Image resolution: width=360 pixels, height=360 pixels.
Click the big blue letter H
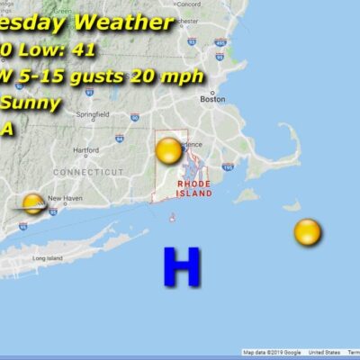coord(180,267)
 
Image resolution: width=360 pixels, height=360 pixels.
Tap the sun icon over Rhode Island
coord(168,150)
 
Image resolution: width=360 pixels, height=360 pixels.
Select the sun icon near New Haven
coord(33,203)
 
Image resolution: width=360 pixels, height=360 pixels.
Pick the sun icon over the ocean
coord(307,232)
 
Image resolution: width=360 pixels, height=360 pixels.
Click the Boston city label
coord(212,100)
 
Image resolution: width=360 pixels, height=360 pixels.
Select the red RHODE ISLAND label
coord(193,188)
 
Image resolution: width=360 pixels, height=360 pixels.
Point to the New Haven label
coord(64,198)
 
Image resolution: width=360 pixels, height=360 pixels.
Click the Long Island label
coord(45,258)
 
